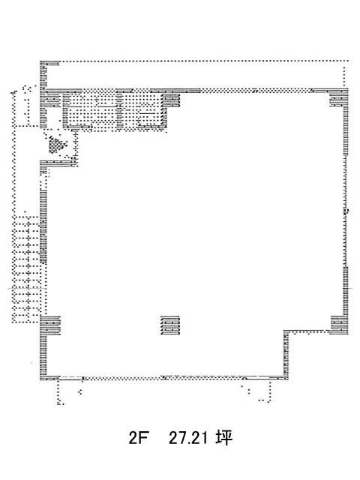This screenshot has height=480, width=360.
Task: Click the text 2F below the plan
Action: (x=138, y=438)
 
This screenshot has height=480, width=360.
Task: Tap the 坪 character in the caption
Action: (x=223, y=438)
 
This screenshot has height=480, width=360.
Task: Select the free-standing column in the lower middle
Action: (x=170, y=325)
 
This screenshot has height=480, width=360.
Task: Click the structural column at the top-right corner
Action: (x=339, y=97)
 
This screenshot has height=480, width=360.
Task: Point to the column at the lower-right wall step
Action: (x=339, y=325)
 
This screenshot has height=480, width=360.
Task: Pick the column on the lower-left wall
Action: (x=50, y=325)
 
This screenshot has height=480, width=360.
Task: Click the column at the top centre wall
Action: (x=170, y=100)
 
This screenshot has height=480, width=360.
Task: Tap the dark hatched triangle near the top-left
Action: (x=56, y=144)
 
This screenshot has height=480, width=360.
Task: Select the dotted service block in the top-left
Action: (x=115, y=110)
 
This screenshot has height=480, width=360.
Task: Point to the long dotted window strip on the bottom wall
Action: (x=163, y=378)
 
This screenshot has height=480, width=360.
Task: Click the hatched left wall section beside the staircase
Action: (x=43, y=226)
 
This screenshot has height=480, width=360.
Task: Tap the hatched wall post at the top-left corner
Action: (x=43, y=74)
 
